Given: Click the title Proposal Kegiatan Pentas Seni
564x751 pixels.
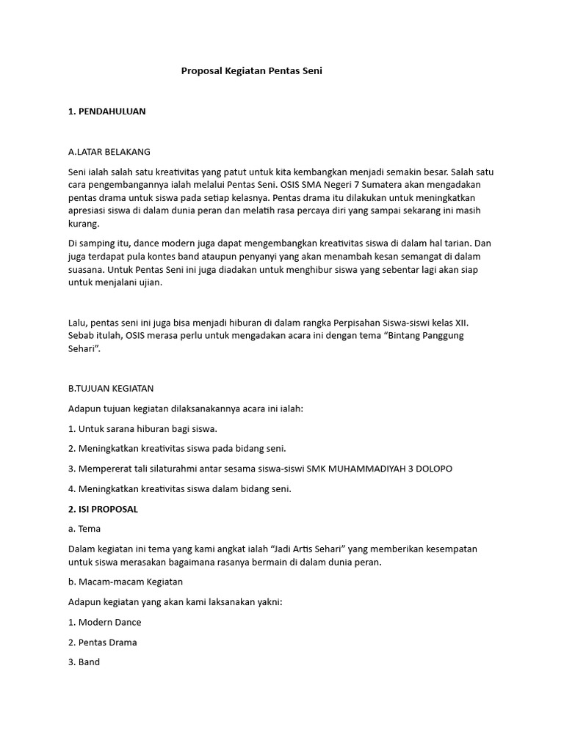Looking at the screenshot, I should pos(252,71).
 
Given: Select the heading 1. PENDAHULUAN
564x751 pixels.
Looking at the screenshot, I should pos(106,111).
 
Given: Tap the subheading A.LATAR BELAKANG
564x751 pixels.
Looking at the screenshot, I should pos(109,152).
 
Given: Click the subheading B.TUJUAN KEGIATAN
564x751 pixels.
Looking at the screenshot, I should pos(111,388).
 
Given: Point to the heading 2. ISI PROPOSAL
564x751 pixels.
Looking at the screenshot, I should pos(103,508).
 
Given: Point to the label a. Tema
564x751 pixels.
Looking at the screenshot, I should pos(84,529).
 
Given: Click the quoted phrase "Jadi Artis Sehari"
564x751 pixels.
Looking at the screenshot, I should pos(312,549).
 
